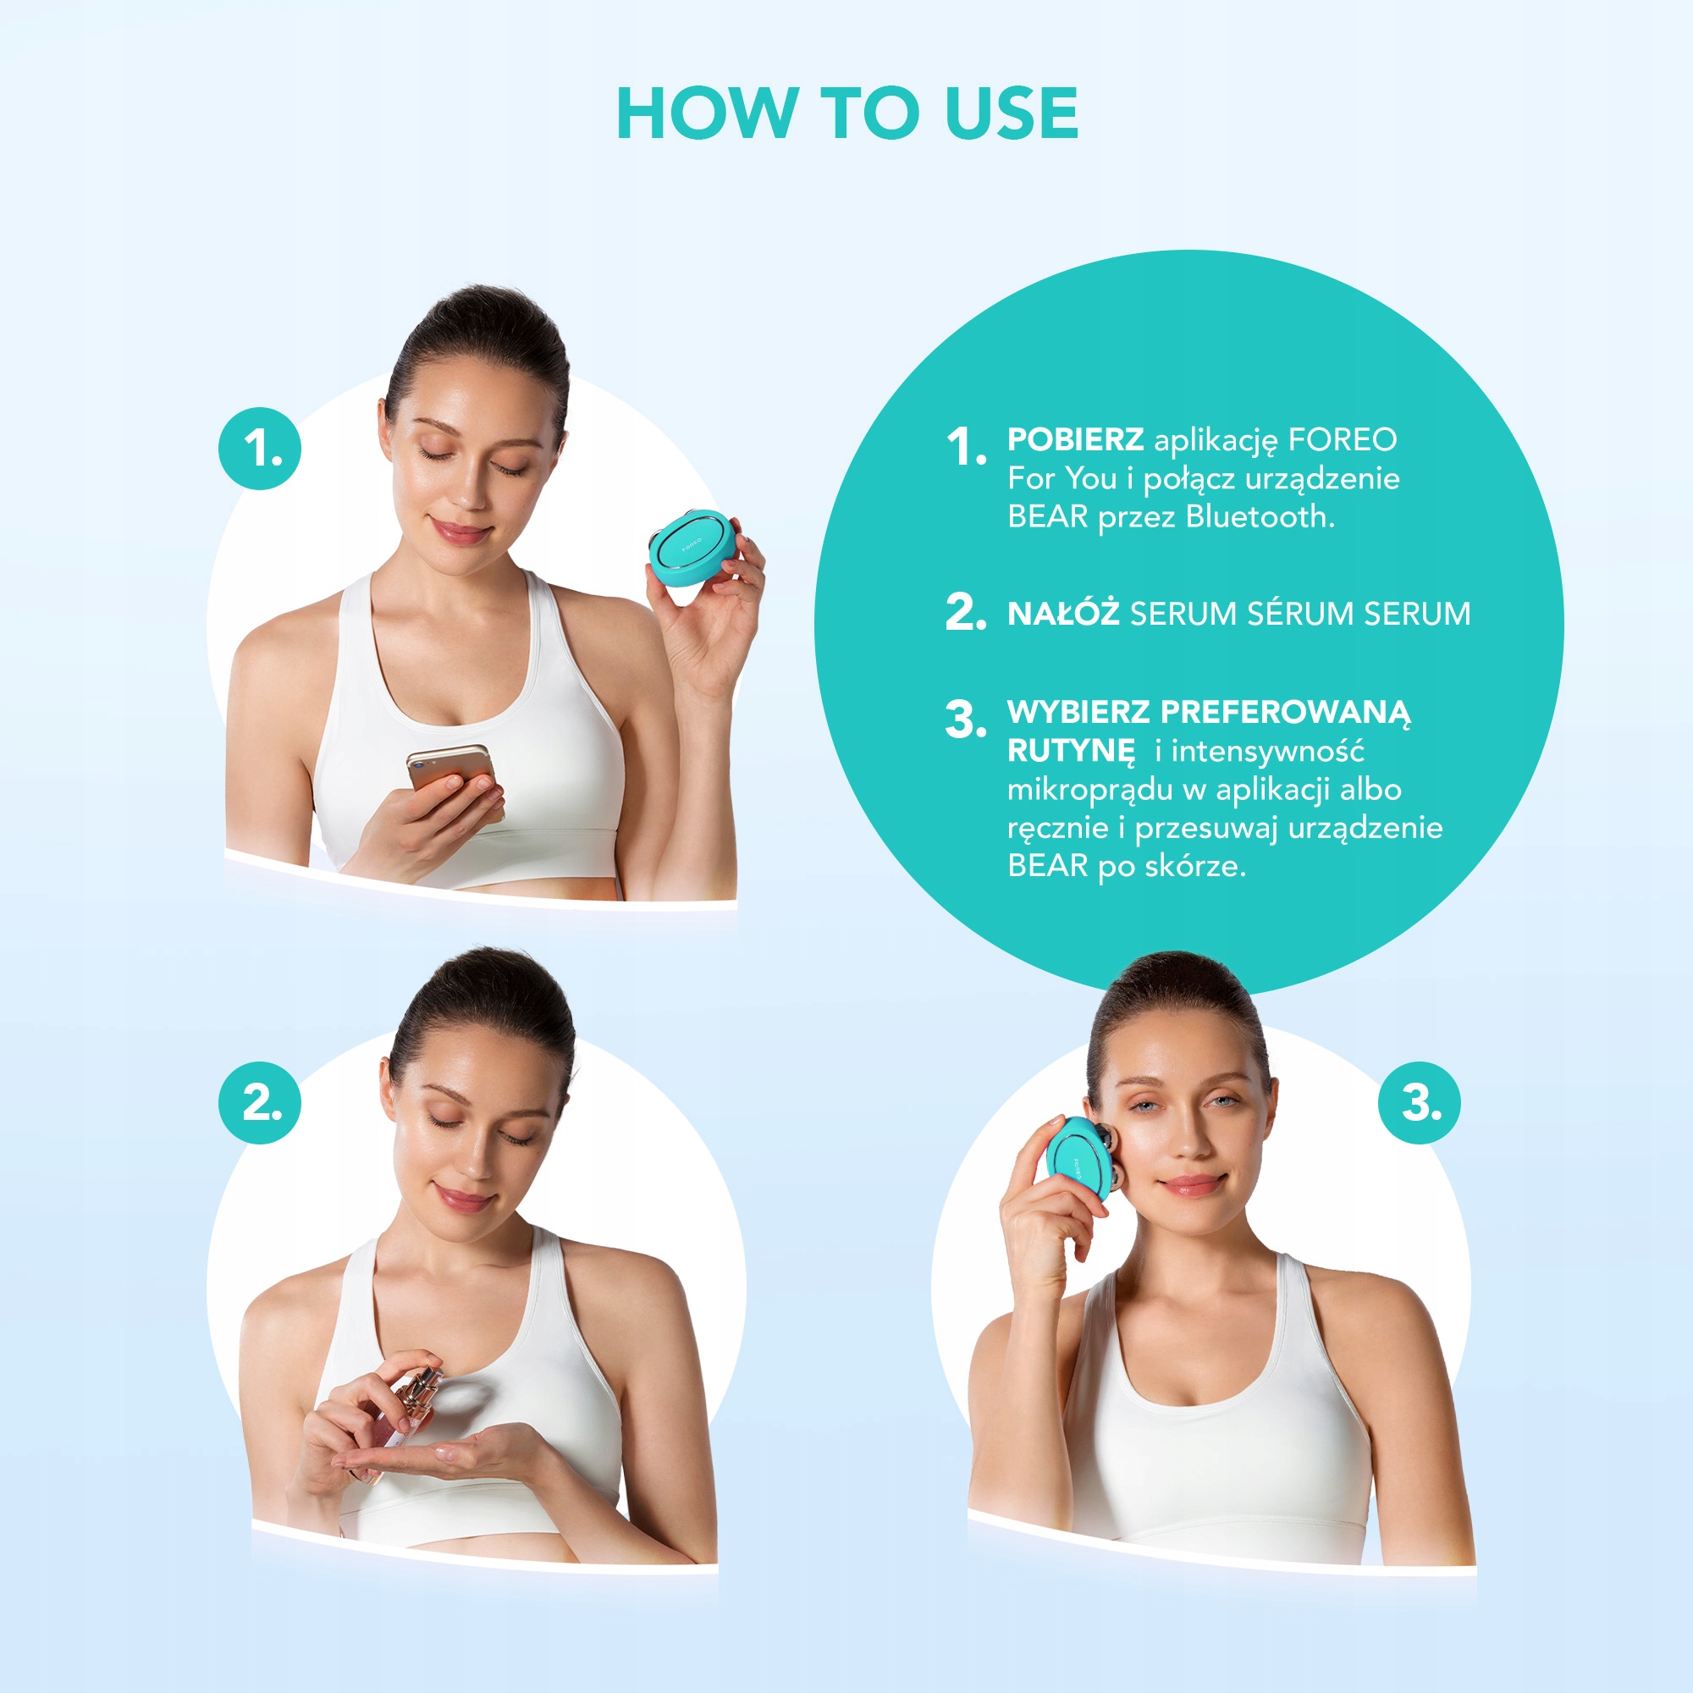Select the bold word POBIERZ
click(1074, 440)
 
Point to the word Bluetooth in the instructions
click(1259, 517)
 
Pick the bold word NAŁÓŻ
click(1063, 614)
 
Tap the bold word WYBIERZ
click(1078, 713)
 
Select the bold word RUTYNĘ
click(1071, 751)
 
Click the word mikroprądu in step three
click(1090, 790)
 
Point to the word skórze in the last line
click(1194, 867)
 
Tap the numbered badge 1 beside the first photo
click(260, 449)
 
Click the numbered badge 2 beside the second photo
click(260, 1102)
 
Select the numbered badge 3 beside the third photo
click(1419, 1102)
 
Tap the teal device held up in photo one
click(692, 547)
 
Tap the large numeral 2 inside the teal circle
click(965, 612)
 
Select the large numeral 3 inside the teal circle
click(965, 720)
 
